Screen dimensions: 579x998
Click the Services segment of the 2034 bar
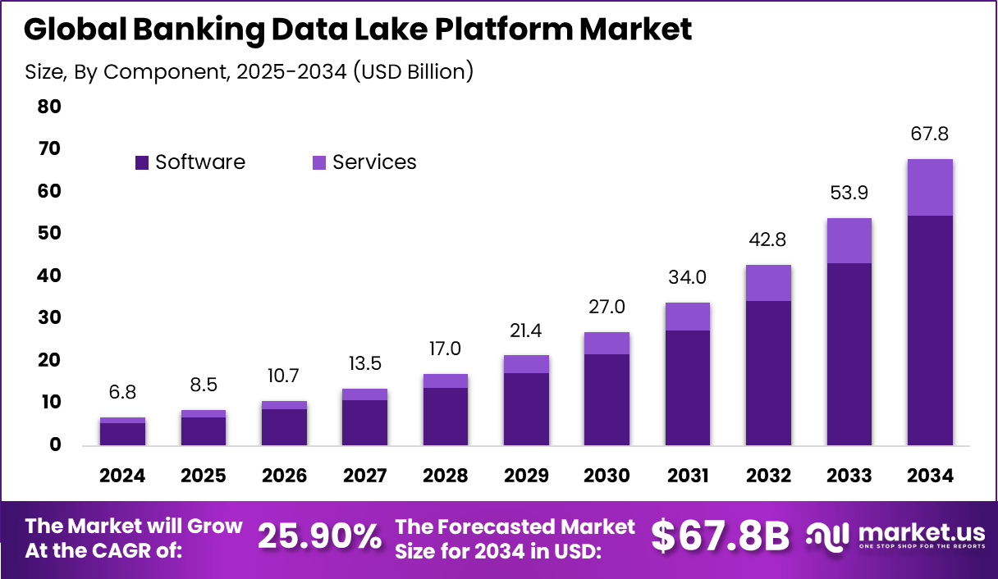(x=929, y=187)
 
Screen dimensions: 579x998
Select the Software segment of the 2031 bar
(x=687, y=387)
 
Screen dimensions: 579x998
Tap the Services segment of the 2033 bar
(x=849, y=240)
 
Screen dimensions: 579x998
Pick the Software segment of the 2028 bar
(x=445, y=416)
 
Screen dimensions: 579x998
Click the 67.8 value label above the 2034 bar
(x=929, y=134)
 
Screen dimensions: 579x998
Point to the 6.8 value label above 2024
(x=123, y=393)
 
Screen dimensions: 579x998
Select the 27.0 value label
(x=607, y=308)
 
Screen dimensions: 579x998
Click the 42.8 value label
(x=768, y=240)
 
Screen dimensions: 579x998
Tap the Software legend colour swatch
(x=142, y=162)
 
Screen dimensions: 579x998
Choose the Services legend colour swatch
(x=318, y=162)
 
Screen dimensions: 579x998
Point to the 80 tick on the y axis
(x=49, y=107)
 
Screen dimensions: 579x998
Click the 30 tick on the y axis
(x=49, y=318)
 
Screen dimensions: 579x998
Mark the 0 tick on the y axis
(x=54, y=445)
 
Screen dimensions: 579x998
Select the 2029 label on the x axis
(x=526, y=476)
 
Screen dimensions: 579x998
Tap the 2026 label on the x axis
(x=284, y=476)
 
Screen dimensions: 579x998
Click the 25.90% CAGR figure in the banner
(x=320, y=537)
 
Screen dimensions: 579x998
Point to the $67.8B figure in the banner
(x=720, y=537)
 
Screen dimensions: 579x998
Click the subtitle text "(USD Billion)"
(x=414, y=71)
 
